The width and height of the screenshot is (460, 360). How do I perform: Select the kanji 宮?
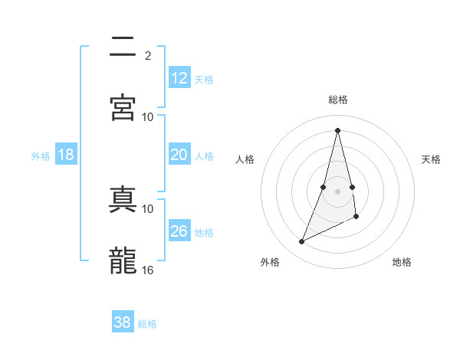[123, 107]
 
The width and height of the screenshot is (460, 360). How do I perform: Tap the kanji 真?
[123, 198]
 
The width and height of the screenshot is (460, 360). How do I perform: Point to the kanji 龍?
[123, 259]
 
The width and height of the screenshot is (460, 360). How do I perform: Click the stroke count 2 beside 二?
[148, 55]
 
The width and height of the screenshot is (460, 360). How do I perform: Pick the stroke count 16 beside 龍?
[148, 270]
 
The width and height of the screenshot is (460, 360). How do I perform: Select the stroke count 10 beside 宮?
[148, 116]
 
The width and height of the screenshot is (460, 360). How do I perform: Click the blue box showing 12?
[179, 78]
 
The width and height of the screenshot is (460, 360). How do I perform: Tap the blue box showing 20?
[179, 155]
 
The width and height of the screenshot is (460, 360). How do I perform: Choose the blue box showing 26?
[179, 231]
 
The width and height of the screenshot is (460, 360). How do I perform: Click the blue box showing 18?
[66, 155]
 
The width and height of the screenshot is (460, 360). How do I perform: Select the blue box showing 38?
[123, 322]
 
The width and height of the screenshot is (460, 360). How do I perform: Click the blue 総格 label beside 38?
[147, 324]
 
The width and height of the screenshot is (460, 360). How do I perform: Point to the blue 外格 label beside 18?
[41, 156]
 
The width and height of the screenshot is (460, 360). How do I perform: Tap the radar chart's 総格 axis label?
[338, 100]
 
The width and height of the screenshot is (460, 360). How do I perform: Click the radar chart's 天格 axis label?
[432, 159]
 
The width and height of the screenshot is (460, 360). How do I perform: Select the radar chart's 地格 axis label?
[402, 262]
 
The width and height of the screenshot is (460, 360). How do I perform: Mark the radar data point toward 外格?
[302, 242]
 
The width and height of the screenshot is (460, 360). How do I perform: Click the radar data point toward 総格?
[338, 129]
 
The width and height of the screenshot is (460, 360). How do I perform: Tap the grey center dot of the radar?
[338, 191]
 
